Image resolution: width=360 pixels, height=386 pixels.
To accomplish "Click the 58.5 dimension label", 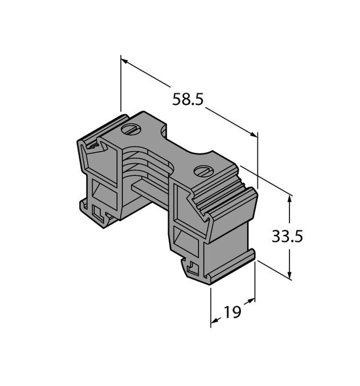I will point(188,99).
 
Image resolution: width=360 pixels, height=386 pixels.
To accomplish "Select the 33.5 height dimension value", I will point(287,236).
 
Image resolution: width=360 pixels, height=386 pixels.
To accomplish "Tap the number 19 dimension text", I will point(232,312).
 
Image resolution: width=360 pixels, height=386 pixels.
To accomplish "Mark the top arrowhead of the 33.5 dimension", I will point(291,198).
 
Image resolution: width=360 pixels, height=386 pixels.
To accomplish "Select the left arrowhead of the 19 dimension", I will point(214,322).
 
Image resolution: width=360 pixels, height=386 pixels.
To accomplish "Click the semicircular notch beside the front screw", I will point(205,155).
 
